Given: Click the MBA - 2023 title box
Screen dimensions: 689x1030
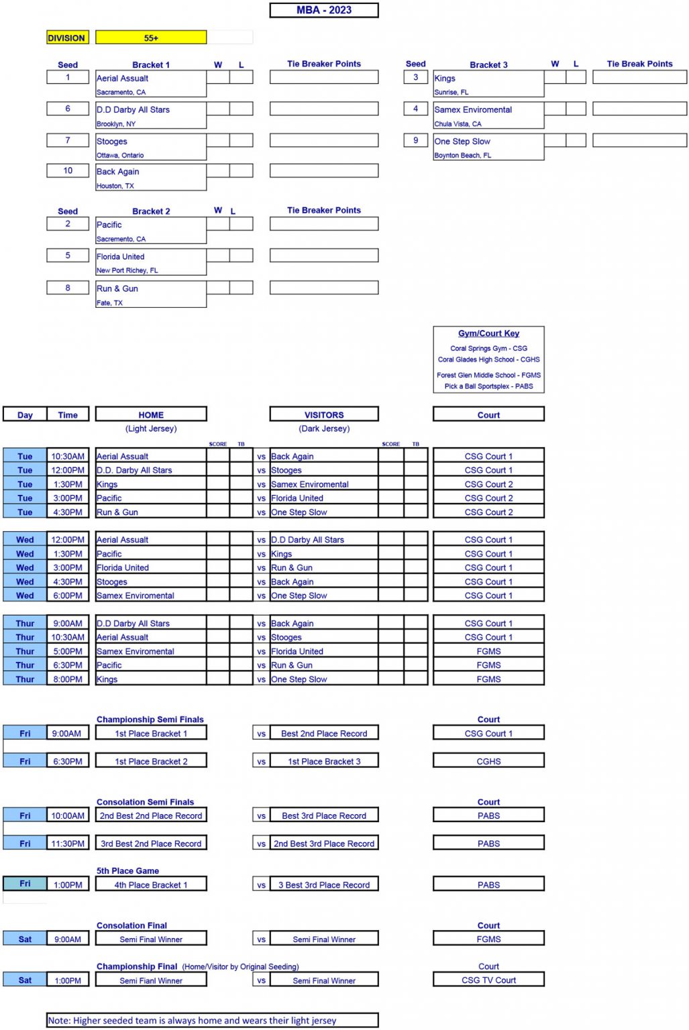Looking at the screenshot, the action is click(x=324, y=10).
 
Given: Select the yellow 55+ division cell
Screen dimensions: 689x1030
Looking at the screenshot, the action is click(x=151, y=38).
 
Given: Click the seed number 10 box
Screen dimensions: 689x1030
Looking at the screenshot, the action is click(x=68, y=171).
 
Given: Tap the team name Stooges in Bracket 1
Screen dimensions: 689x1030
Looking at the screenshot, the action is click(x=112, y=141).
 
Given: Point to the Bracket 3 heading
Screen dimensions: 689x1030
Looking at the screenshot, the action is click(x=488, y=65).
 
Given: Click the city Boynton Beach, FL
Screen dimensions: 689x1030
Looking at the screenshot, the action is click(x=462, y=156).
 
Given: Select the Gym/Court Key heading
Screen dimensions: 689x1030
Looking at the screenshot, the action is click(x=488, y=333).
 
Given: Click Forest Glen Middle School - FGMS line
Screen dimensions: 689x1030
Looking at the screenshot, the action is click(x=488, y=376).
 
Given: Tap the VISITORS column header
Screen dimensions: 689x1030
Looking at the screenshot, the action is click(x=324, y=415).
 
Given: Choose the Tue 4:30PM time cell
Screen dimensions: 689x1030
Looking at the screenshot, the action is click(x=68, y=512).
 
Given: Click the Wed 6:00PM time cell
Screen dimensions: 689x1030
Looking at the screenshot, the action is click(x=68, y=595).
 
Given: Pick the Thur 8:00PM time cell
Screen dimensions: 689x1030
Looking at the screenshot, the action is click(x=68, y=679).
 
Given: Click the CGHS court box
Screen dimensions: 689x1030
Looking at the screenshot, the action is click(x=488, y=762).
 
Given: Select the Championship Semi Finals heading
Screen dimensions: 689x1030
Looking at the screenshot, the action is click(x=150, y=720).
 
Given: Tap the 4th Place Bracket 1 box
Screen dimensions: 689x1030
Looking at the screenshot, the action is click(x=151, y=885).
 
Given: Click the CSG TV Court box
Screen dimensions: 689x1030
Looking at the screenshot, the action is click(x=488, y=980).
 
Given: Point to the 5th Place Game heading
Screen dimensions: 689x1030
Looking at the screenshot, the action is click(x=127, y=871).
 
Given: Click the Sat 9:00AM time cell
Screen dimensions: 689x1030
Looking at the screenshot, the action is click(x=68, y=939).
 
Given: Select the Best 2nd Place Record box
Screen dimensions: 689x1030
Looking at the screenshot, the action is click(x=324, y=734).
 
